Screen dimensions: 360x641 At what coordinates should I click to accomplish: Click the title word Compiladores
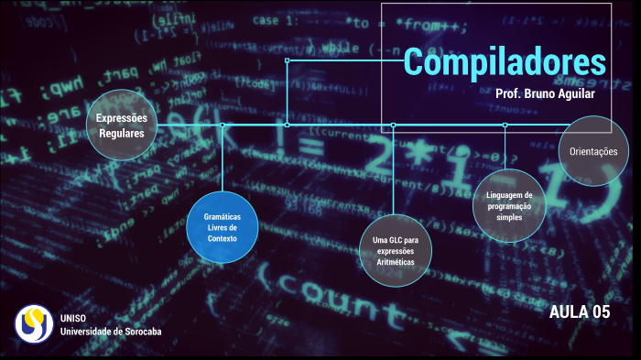(505, 61)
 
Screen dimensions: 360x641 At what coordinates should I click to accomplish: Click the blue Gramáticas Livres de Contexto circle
(223, 227)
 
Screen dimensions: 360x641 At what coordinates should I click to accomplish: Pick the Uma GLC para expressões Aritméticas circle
(395, 250)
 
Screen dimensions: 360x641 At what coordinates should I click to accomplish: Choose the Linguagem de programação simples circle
(509, 205)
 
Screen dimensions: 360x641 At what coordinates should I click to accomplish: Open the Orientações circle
(593, 151)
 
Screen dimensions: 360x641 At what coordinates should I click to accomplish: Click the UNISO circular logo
(34, 323)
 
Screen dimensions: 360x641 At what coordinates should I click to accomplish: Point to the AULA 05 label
(579, 312)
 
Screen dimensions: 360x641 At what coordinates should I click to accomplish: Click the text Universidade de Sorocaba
(111, 331)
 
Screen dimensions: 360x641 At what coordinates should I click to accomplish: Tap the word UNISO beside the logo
(73, 318)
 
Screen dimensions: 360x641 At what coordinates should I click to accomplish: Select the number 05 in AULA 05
(600, 312)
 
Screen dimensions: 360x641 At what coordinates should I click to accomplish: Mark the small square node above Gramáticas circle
(223, 125)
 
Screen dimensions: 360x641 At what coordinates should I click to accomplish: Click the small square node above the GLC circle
(393, 125)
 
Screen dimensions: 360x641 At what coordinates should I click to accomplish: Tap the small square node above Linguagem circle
(505, 125)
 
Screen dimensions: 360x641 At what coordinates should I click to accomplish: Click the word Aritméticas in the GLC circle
(395, 262)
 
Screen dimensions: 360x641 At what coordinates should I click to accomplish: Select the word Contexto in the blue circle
(223, 238)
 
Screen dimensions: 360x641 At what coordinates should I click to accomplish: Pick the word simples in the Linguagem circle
(509, 217)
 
